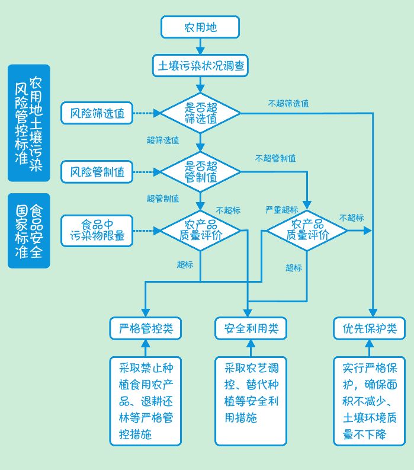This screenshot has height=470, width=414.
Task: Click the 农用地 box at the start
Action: click(200, 27)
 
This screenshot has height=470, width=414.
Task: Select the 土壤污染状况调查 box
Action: click(200, 65)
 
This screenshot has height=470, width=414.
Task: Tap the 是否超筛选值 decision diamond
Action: click(201, 113)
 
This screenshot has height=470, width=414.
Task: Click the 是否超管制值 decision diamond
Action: click(201, 172)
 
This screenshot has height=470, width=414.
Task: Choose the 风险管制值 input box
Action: click(97, 172)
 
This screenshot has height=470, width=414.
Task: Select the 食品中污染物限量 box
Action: click(97, 231)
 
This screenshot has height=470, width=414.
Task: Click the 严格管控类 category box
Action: click(145, 328)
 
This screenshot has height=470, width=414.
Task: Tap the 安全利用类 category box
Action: click(251, 328)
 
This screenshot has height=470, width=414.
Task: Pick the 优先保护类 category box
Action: click(369, 328)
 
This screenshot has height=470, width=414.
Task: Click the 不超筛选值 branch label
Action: click(288, 103)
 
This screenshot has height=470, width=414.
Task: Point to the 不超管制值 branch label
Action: click(275, 158)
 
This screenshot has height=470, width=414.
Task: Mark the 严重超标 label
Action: click(281, 210)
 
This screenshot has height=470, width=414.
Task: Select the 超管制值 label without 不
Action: click(163, 199)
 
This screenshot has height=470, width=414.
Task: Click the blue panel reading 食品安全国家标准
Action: click(28, 231)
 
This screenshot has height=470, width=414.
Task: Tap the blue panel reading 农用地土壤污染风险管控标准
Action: click(28, 123)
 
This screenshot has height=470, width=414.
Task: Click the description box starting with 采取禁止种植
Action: click(145, 400)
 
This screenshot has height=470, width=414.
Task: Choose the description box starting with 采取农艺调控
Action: click(251, 400)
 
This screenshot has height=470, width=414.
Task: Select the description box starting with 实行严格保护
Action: click(369, 400)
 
